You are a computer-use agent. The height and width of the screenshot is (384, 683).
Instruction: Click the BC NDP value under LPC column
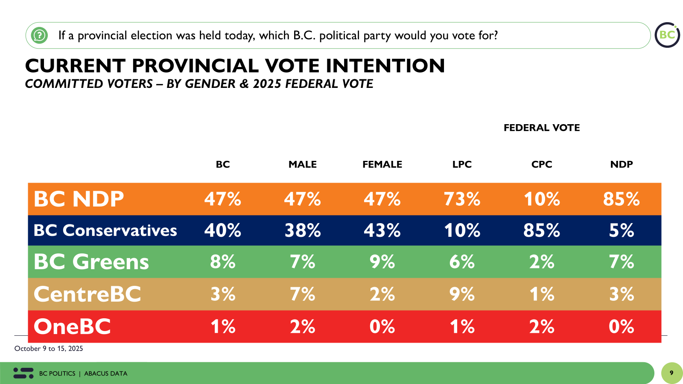[462, 199]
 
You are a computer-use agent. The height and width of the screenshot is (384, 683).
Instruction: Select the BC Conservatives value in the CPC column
[542, 231]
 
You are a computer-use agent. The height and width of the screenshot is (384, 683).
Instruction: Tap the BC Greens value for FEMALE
[382, 262]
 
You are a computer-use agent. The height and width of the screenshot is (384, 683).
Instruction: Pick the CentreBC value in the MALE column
[302, 294]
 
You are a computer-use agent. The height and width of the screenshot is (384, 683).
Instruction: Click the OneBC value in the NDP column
[621, 327]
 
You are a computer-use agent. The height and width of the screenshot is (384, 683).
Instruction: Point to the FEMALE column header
[382, 164]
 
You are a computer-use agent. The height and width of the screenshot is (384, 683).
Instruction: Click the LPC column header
[462, 164]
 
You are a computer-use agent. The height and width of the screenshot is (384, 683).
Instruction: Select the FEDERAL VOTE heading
[541, 128]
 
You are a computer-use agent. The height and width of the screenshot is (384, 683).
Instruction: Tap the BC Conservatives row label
[105, 231]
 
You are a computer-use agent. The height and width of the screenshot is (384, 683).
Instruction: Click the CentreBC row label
[87, 294]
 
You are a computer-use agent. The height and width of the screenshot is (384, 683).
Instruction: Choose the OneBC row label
[72, 327]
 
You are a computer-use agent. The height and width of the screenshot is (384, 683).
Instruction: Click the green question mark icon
[40, 35]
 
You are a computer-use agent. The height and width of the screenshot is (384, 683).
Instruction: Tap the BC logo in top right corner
[667, 35]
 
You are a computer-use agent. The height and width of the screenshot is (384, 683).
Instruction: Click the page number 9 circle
[671, 373]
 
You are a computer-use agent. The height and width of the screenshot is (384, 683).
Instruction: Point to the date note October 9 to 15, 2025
[49, 349]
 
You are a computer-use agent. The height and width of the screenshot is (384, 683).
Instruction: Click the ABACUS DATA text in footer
[106, 373]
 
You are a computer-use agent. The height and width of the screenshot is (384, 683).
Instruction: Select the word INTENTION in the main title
[385, 66]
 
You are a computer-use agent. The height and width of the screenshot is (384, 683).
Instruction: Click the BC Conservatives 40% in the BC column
[222, 231]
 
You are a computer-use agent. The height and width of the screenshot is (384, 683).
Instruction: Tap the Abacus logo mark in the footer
[23, 373]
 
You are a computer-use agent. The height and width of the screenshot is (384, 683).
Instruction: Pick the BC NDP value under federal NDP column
[621, 199]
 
